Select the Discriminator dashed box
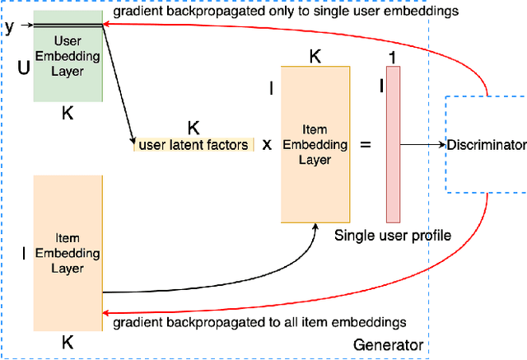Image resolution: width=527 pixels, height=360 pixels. tap(485, 144)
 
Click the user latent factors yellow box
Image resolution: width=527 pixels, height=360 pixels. tap(194, 146)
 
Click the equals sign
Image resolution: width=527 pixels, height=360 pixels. tap(366, 145)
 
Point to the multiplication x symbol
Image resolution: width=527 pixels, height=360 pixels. tap(267, 145)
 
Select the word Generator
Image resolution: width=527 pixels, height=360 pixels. tap(388, 345)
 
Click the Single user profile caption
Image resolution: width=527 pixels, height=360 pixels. tap(393, 236)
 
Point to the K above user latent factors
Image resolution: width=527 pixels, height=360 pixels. tap(194, 128)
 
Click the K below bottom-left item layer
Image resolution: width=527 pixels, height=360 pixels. tap(68, 342)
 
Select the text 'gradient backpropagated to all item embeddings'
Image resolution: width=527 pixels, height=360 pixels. tap(259, 322)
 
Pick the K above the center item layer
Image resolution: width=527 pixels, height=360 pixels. tap(315, 56)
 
